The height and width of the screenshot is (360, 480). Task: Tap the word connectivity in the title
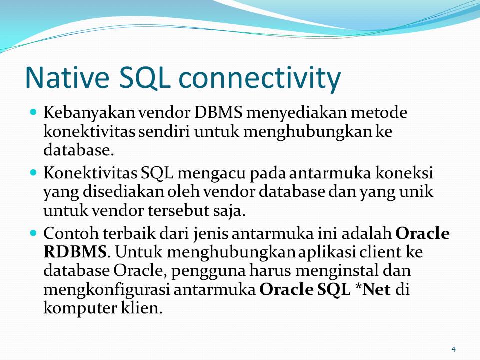click(x=259, y=78)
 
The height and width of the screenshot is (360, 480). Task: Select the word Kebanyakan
click(x=89, y=112)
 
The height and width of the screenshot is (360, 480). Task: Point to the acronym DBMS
click(x=218, y=112)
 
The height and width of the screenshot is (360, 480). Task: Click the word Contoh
click(x=71, y=233)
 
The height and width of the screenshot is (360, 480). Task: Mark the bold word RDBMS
click(x=75, y=252)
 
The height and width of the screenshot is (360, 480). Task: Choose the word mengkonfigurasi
click(x=106, y=290)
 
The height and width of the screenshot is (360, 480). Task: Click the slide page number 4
click(x=453, y=349)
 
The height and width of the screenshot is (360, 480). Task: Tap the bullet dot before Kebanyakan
click(x=34, y=112)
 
